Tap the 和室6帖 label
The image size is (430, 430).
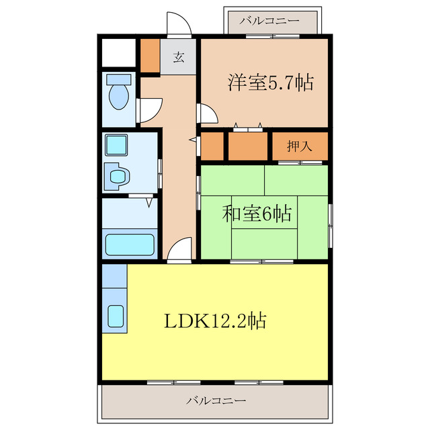point(257,214)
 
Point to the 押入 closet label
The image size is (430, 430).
point(299,146)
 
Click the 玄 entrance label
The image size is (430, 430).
point(179,57)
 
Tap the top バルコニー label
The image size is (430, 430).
point(269,21)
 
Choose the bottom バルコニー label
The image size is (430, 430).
point(216,401)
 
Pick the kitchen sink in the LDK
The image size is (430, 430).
point(116,315)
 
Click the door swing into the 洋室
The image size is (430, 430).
point(207,114)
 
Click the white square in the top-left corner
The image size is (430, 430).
point(118,52)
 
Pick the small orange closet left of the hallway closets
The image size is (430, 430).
point(210,146)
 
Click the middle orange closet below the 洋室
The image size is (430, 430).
point(247,146)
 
